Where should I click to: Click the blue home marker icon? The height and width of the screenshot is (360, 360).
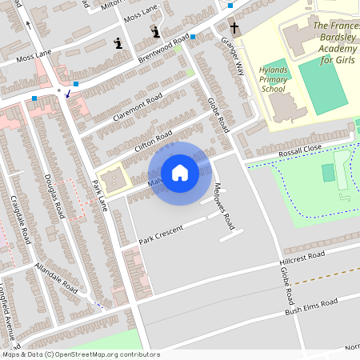[x=180, y=173]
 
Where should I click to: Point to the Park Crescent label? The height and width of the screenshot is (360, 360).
[x=161, y=233]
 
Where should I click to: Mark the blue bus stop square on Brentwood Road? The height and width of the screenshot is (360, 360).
[x=194, y=38]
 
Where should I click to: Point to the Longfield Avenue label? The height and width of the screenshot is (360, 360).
[x=6, y=308]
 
